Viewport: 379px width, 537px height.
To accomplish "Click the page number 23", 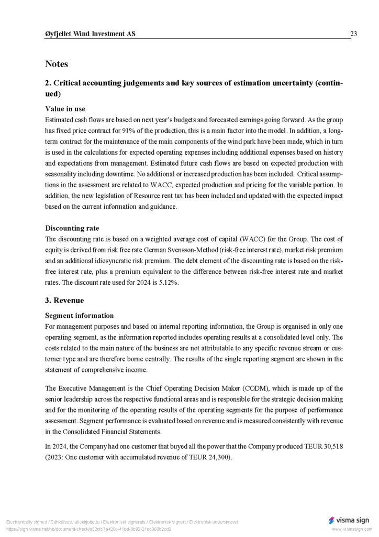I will tap(354, 34).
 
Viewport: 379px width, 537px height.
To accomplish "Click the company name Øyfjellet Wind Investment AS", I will tap(90, 34).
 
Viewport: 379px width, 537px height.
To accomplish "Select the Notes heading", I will tap(57, 64).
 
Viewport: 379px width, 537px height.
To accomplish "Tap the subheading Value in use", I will tap(65, 109).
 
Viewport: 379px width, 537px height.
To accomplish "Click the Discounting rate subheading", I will tap(72, 228).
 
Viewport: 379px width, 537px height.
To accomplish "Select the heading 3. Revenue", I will tap(64, 300).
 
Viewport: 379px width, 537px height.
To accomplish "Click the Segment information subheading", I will tap(79, 316).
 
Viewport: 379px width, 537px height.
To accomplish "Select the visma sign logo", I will tap(349, 520).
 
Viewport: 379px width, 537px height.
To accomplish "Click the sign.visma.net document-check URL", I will tap(88, 529).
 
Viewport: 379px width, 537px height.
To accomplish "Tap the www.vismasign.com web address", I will tap(351, 530).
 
